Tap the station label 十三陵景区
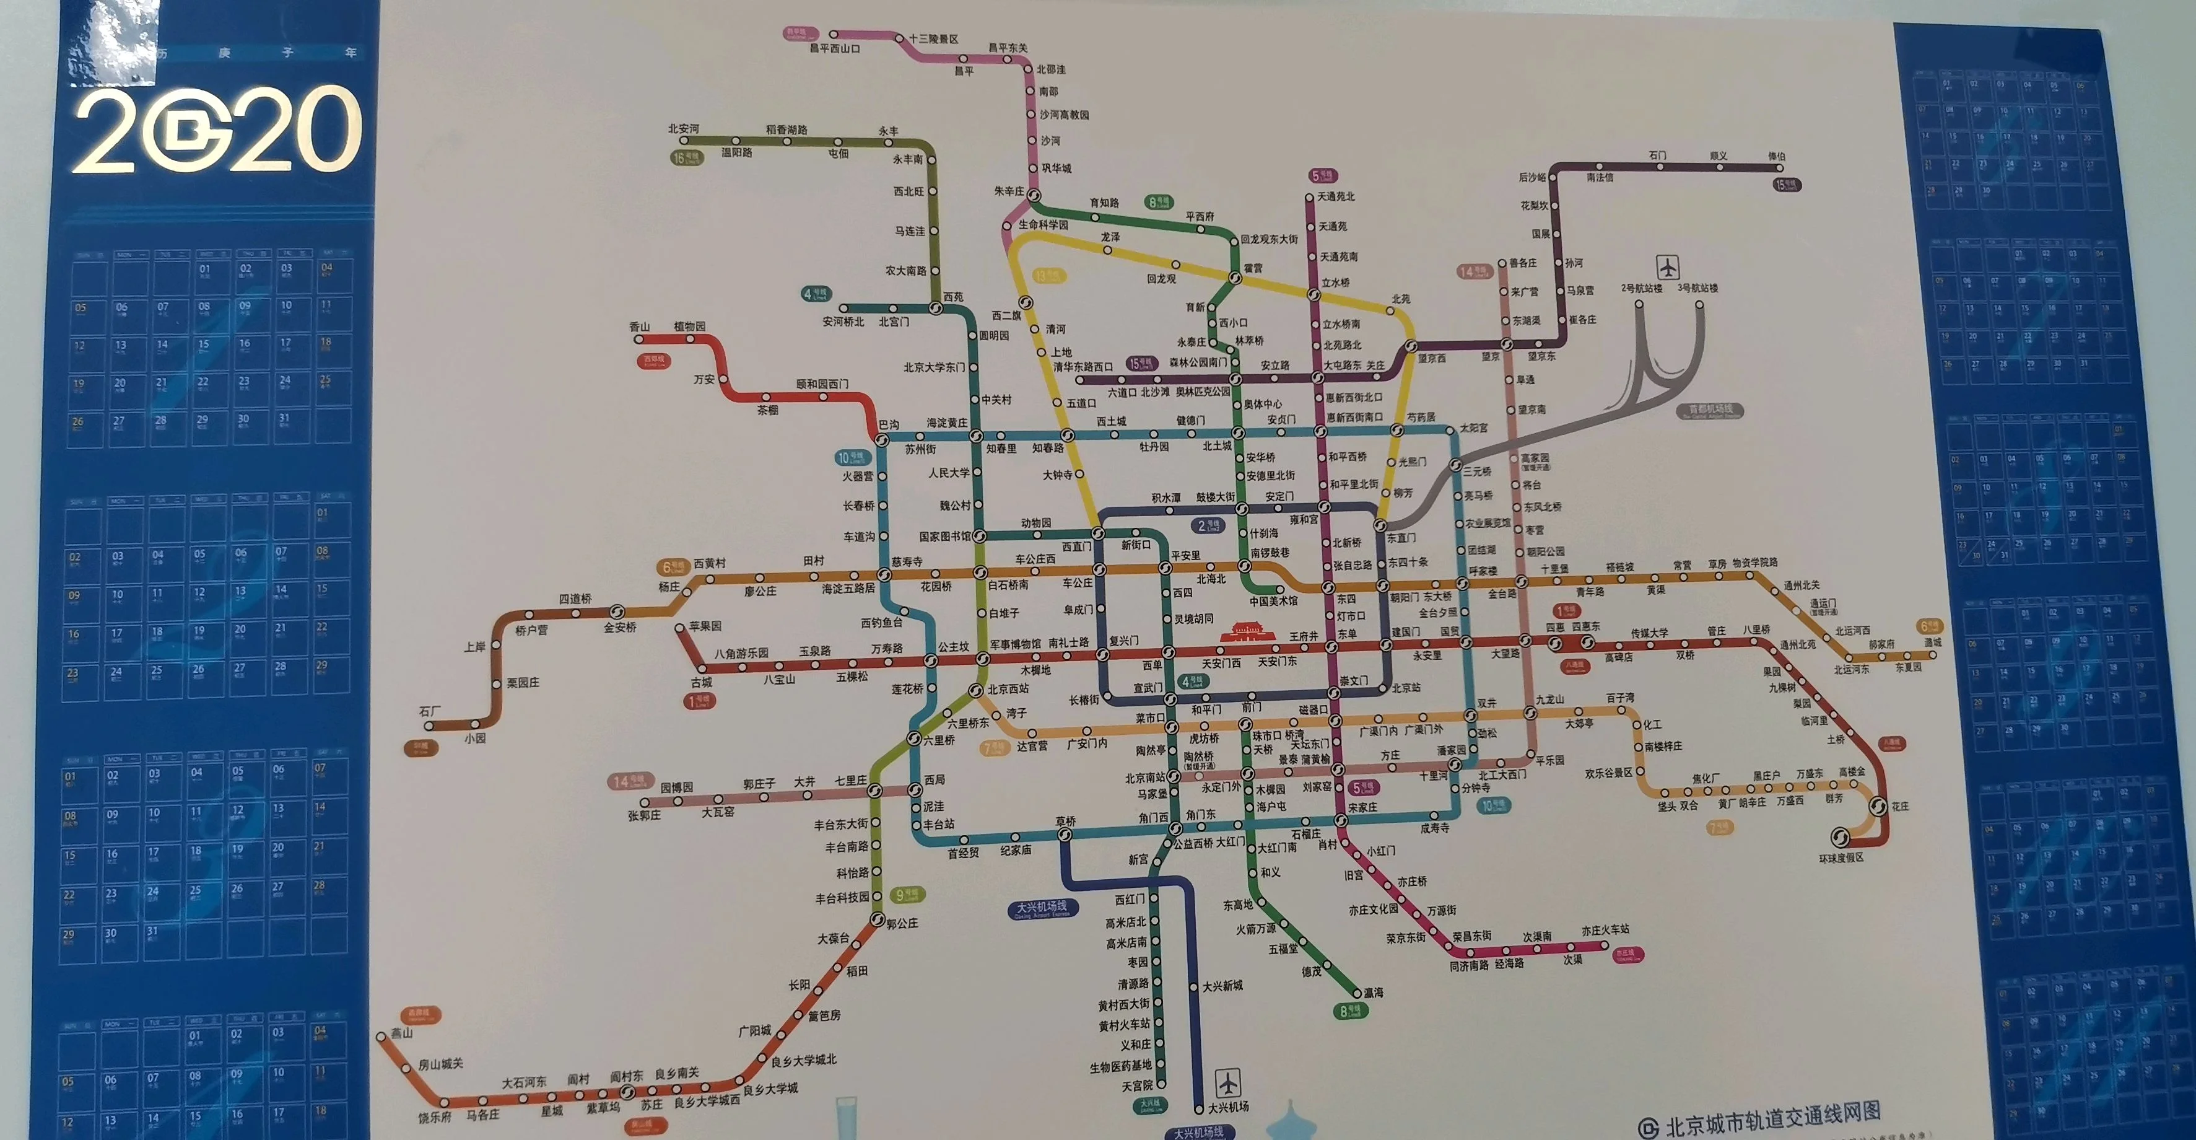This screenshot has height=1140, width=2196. point(933,39)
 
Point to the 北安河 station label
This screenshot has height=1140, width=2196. point(683,129)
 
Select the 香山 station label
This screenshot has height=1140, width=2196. point(639,327)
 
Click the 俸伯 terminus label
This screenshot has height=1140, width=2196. point(1776,156)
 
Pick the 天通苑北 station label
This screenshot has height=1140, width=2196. point(1336,196)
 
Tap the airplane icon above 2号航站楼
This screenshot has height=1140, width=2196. point(1668,267)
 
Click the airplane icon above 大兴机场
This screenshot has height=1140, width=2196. point(1227,1083)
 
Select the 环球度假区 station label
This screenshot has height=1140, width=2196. point(1841,857)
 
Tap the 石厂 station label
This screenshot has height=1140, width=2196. point(430,711)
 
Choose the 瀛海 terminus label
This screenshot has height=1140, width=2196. point(1372,993)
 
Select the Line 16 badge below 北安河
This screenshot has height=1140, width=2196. point(686,158)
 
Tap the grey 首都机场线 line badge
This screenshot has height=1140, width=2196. point(1710,411)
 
